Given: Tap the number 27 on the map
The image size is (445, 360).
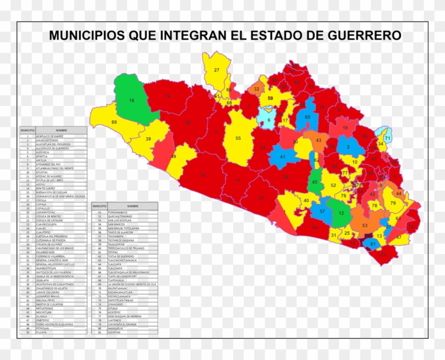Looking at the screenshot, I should [217, 70].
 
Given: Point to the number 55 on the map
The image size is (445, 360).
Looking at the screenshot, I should [238, 138].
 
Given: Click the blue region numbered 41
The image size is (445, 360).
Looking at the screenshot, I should [282, 157].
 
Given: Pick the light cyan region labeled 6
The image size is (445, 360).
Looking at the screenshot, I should [268, 120].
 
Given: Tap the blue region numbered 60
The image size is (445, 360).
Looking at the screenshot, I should [307, 117].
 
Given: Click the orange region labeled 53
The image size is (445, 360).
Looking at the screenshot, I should [364, 226].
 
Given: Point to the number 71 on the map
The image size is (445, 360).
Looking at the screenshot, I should [387, 138].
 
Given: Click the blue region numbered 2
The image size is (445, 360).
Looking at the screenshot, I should [347, 146].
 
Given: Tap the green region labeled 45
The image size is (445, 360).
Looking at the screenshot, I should [315, 182].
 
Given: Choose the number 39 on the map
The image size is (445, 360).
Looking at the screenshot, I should [148, 139].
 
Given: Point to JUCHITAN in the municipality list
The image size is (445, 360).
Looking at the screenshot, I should [114, 332].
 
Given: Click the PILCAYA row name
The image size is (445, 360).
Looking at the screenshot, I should [42, 332].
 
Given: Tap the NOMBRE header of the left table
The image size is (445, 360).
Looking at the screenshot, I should [60, 130].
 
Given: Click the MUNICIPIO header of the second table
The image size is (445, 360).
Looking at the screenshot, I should [99, 205].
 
